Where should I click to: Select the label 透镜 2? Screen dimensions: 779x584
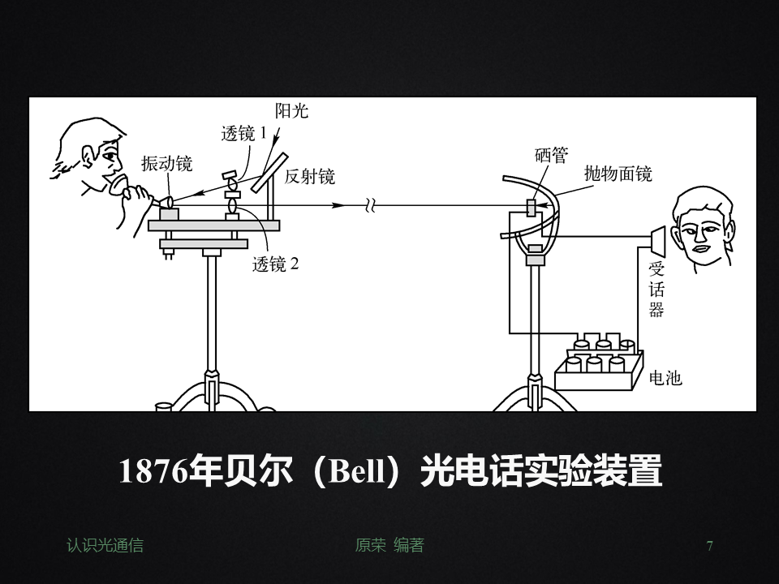[x=275, y=264]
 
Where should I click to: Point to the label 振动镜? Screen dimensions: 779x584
[x=167, y=164]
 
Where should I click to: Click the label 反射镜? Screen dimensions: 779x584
[x=310, y=177]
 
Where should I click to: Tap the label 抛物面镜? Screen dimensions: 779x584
[x=618, y=174]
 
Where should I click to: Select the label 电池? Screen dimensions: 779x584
[x=666, y=378]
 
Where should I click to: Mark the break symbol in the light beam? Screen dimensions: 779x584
[x=370, y=206]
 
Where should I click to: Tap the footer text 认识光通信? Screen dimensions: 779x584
[x=105, y=546]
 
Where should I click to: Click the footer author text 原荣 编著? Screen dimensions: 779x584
[x=389, y=546]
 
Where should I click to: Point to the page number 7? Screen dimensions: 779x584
[x=710, y=546]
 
